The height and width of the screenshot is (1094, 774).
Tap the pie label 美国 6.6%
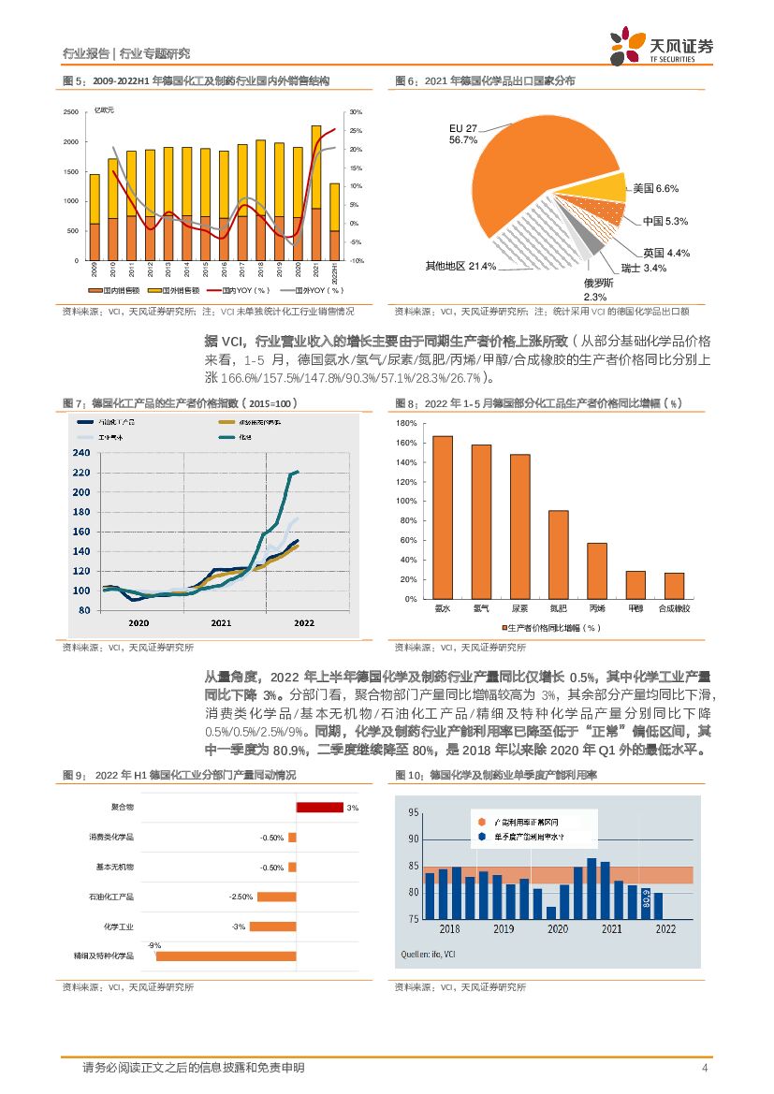(655, 189)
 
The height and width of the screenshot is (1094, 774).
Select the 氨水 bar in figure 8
(443, 518)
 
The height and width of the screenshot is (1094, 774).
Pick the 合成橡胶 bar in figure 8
(674, 586)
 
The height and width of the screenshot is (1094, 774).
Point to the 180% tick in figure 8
(406, 423)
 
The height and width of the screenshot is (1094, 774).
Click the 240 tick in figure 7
(81, 453)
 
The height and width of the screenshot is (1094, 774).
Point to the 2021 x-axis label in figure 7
(221, 621)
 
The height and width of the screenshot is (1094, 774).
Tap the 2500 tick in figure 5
(71, 112)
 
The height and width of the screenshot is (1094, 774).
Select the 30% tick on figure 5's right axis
(356, 112)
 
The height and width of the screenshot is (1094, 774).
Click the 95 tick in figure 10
(413, 814)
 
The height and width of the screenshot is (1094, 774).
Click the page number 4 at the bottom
(705, 1068)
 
